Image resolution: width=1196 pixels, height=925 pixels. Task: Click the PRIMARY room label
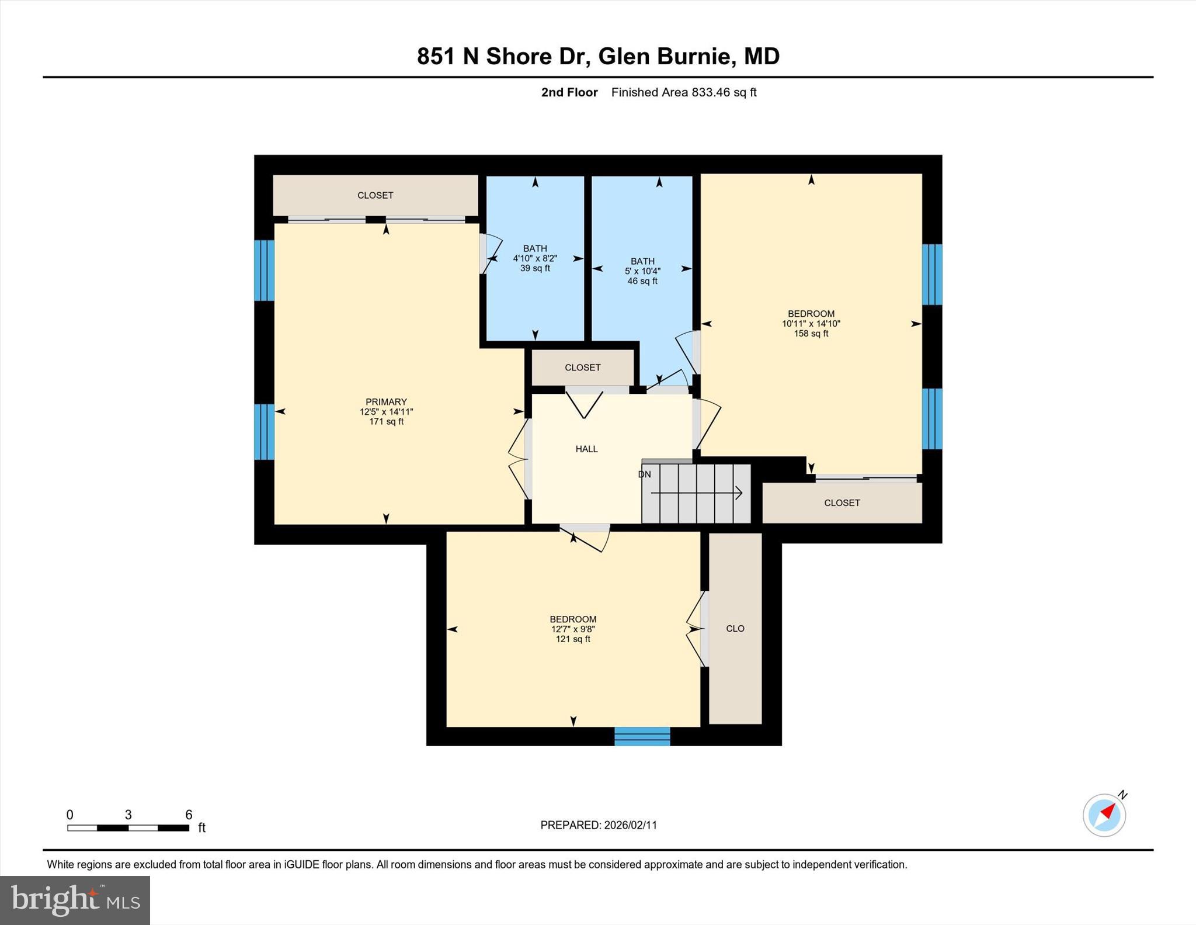point(386,401)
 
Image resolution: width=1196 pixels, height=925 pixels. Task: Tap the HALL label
point(586,449)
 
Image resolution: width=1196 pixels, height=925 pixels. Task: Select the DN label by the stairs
point(644,474)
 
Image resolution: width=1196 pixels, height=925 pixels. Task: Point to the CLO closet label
point(735,629)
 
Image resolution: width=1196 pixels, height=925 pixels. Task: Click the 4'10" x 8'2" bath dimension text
point(535,258)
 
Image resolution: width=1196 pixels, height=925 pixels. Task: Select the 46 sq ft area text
point(642,281)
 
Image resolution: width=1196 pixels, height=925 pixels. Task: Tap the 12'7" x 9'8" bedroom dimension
point(573,629)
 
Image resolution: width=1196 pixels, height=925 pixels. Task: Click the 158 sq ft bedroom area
point(811,334)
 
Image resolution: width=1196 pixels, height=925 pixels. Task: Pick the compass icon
point(1104,815)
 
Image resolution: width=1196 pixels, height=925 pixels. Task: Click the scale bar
point(128,827)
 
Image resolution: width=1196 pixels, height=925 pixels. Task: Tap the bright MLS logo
point(75,900)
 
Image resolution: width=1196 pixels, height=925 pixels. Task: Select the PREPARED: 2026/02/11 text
point(599,825)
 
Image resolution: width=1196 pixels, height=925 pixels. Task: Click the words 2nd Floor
point(569,92)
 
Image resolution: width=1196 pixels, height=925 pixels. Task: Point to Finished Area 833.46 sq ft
point(684,92)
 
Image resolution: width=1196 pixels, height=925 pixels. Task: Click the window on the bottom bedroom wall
point(642,736)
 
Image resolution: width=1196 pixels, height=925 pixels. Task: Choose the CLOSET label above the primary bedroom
point(375,195)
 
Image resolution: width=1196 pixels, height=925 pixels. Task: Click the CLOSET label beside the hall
point(582,368)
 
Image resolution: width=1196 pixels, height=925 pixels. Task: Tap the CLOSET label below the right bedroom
point(842,503)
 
